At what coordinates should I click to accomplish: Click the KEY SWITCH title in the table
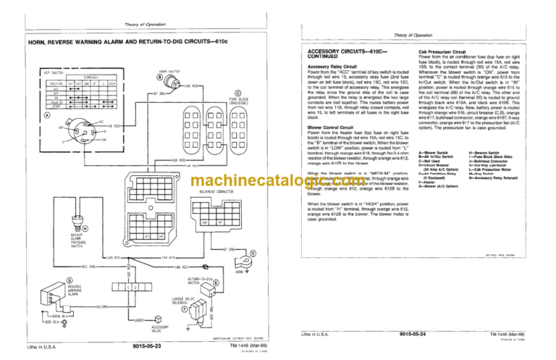(35, 73)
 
